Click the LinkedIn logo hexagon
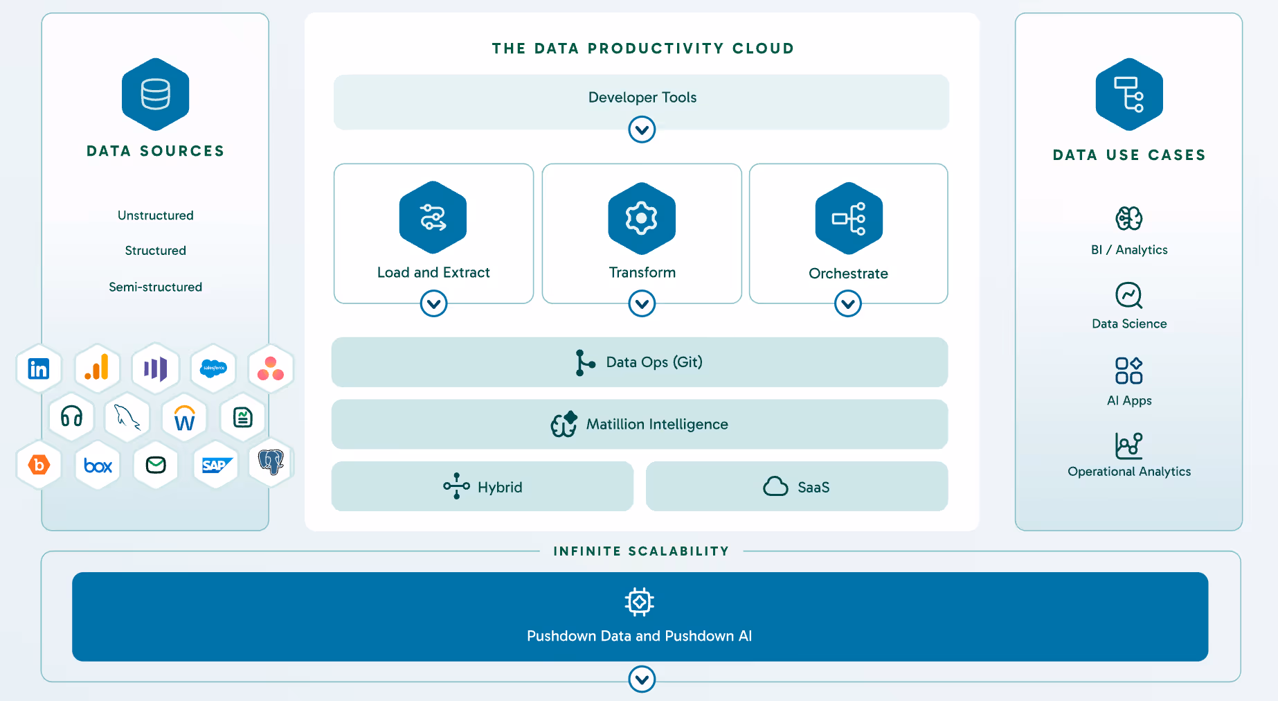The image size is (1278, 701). click(39, 369)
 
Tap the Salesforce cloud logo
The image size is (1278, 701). click(213, 368)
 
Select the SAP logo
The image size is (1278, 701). click(216, 465)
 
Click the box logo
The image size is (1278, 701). click(98, 465)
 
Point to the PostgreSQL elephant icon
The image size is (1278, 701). click(271, 461)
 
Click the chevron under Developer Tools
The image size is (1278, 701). click(642, 130)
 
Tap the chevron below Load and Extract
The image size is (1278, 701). click(433, 303)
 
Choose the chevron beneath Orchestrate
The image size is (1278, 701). click(847, 303)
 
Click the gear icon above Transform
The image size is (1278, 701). click(642, 218)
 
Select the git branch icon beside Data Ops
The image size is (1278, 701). click(584, 362)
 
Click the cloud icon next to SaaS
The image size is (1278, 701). click(775, 486)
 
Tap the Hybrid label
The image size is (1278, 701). click(500, 487)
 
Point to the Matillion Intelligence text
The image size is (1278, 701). click(657, 424)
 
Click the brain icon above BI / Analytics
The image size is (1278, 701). click(1128, 218)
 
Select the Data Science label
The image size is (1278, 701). click(1129, 323)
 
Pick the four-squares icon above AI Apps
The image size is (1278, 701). click(1128, 371)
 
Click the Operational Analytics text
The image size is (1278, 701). click(1129, 471)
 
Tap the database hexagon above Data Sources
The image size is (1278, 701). click(156, 95)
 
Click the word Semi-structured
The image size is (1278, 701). click(156, 287)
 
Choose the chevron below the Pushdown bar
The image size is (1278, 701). click(642, 680)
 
